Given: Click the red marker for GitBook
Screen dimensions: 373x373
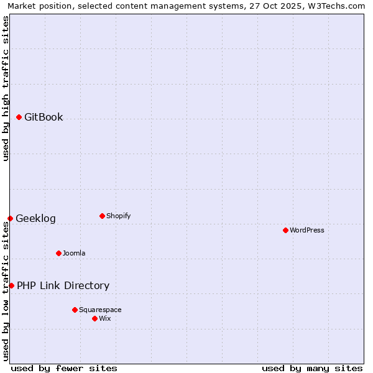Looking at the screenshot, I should (19, 117).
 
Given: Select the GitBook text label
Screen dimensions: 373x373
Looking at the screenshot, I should (44, 117).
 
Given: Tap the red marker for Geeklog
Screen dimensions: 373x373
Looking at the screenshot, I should (10, 218).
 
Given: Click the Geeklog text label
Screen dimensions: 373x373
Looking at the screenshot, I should (35, 218).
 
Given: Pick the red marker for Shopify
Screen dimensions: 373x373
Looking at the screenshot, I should (102, 216).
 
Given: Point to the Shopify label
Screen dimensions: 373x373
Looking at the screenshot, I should (118, 216).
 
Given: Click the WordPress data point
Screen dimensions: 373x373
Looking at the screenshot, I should (285, 230).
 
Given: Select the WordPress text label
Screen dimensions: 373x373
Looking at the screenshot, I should (307, 230).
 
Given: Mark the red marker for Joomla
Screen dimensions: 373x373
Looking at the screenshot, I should (58, 253).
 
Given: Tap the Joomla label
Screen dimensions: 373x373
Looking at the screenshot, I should (74, 253).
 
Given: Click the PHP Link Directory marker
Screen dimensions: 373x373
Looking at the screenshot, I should (11, 285).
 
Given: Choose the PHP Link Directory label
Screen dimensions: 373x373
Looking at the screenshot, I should (63, 285).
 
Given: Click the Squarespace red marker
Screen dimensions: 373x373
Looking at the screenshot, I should (75, 310).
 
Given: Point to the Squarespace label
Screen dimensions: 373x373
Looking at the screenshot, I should (100, 310).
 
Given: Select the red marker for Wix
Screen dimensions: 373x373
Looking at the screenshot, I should (94, 318).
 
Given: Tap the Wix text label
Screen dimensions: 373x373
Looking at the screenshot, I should (105, 318).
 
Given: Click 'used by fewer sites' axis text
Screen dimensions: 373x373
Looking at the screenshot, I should (64, 368).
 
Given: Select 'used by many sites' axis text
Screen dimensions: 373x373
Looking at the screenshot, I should (312, 368).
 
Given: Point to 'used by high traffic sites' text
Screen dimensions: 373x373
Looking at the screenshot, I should (6, 88).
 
